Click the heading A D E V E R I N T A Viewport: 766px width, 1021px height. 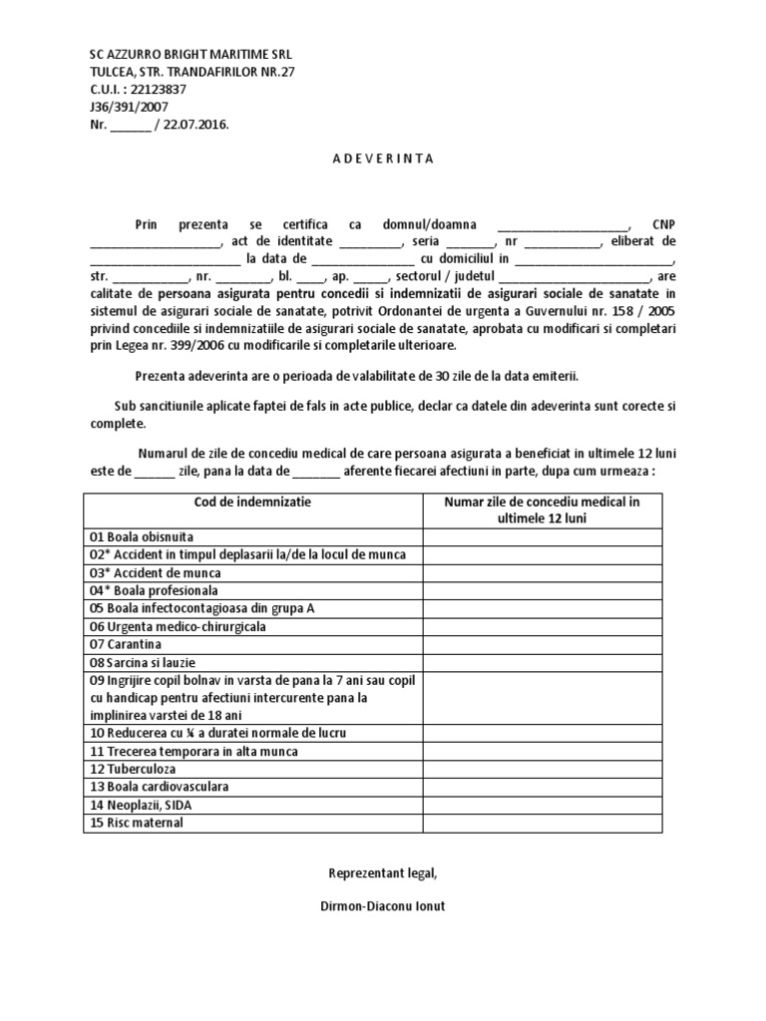coord(383,158)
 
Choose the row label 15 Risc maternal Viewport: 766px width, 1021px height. coord(137,823)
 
